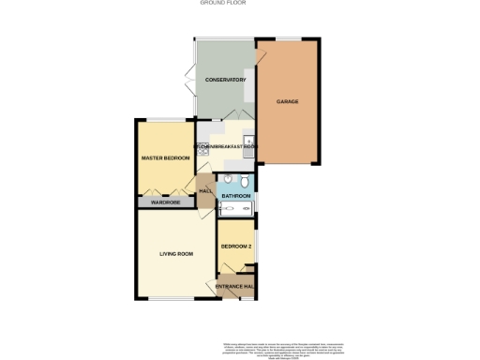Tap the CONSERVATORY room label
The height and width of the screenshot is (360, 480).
coord(225,81)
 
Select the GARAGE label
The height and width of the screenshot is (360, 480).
coord(287,100)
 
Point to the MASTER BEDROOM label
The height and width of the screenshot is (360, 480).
coord(165,158)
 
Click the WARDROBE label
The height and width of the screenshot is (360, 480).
coord(165,202)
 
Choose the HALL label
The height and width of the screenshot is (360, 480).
coord(205,191)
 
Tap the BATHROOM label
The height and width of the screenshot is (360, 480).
coord(235,196)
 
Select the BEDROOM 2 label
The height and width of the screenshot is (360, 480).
coord(235,247)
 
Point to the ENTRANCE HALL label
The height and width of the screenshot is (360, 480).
coord(236,286)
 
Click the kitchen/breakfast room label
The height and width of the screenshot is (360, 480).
coord(226,146)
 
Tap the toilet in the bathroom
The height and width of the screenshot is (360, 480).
coord(244,181)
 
